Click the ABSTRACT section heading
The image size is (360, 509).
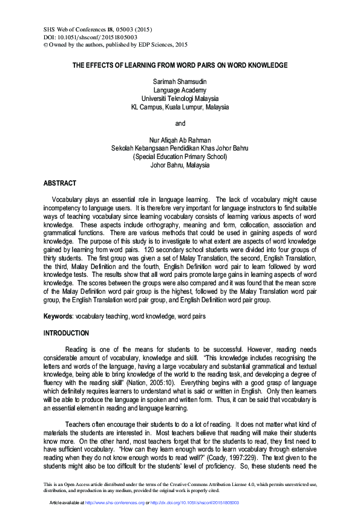click(60, 183)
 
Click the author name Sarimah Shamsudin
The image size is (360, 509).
click(180, 81)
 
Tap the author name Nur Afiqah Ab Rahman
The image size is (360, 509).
click(180, 140)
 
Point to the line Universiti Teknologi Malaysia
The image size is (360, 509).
click(180, 98)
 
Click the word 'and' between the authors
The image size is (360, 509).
click(180, 123)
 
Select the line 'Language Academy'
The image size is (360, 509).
click(180, 89)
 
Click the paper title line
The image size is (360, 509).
click(180, 65)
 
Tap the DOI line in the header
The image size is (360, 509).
click(82, 36)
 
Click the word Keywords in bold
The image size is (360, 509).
click(58, 316)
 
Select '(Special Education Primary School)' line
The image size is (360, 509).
click(180, 157)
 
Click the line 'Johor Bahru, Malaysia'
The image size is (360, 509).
click(180, 165)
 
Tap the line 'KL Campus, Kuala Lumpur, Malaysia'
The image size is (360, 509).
click(180, 106)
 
